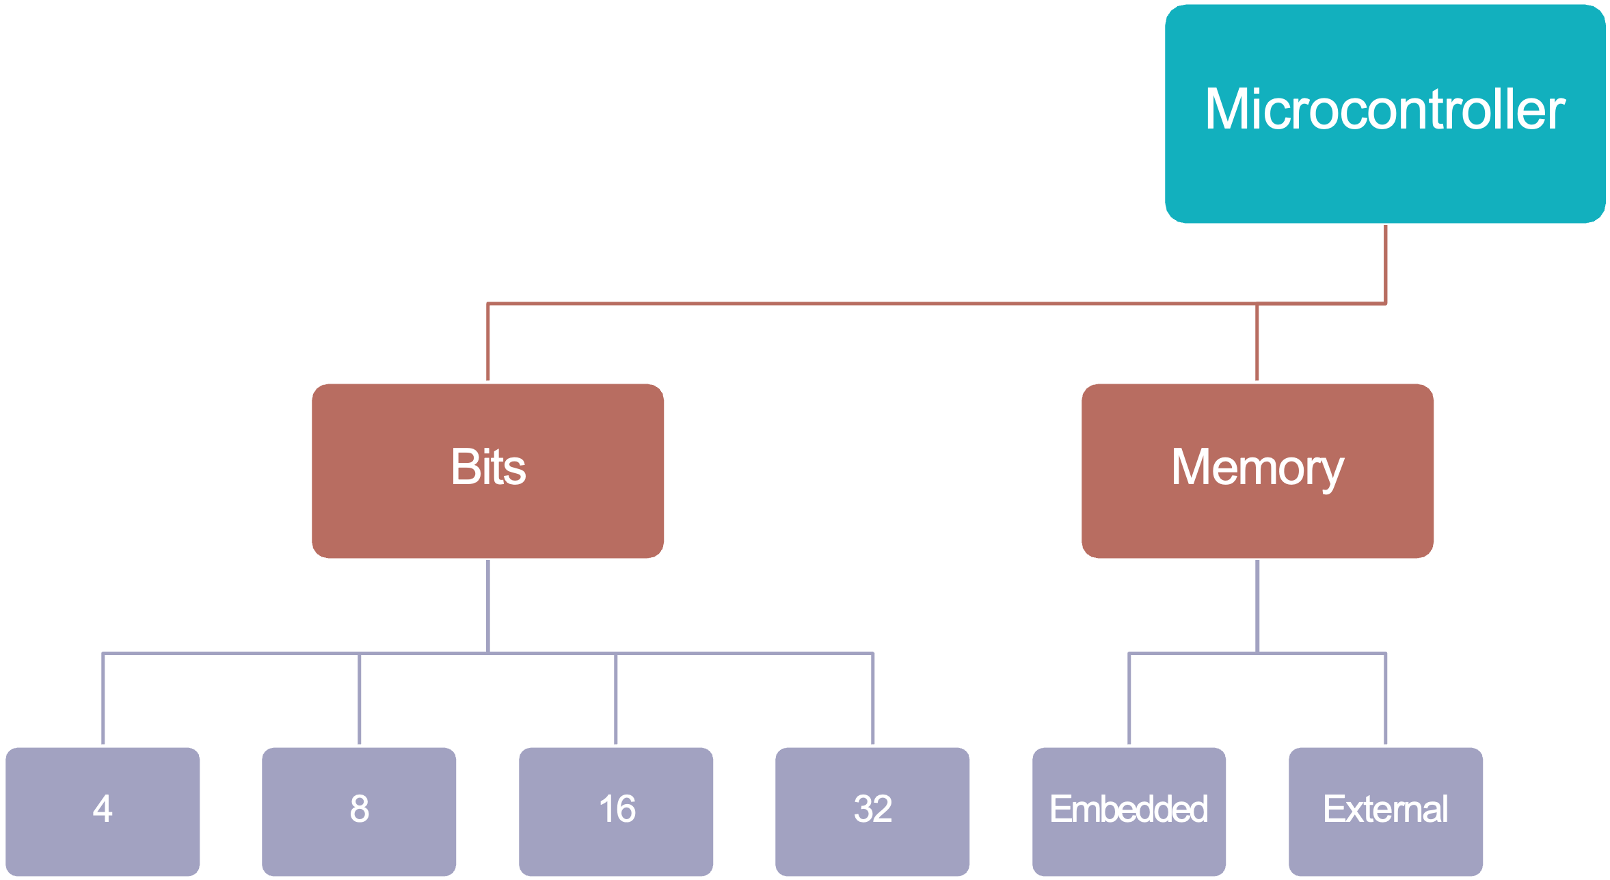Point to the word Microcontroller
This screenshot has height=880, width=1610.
pyautogui.click(x=1385, y=109)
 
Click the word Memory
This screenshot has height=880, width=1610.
pyautogui.click(x=1257, y=468)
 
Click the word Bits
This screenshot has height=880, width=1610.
pyautogui.click(x=488, y=468)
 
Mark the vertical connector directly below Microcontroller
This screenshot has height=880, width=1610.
pyautogui.click(x=1386, y=263)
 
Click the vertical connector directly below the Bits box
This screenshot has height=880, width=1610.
pyautogui.click(x=488, y=605)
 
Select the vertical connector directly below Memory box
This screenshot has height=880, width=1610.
pyautogui.click(x=1257, y=605)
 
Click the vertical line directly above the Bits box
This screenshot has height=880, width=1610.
pyautogui.click(x=488, y=342)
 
